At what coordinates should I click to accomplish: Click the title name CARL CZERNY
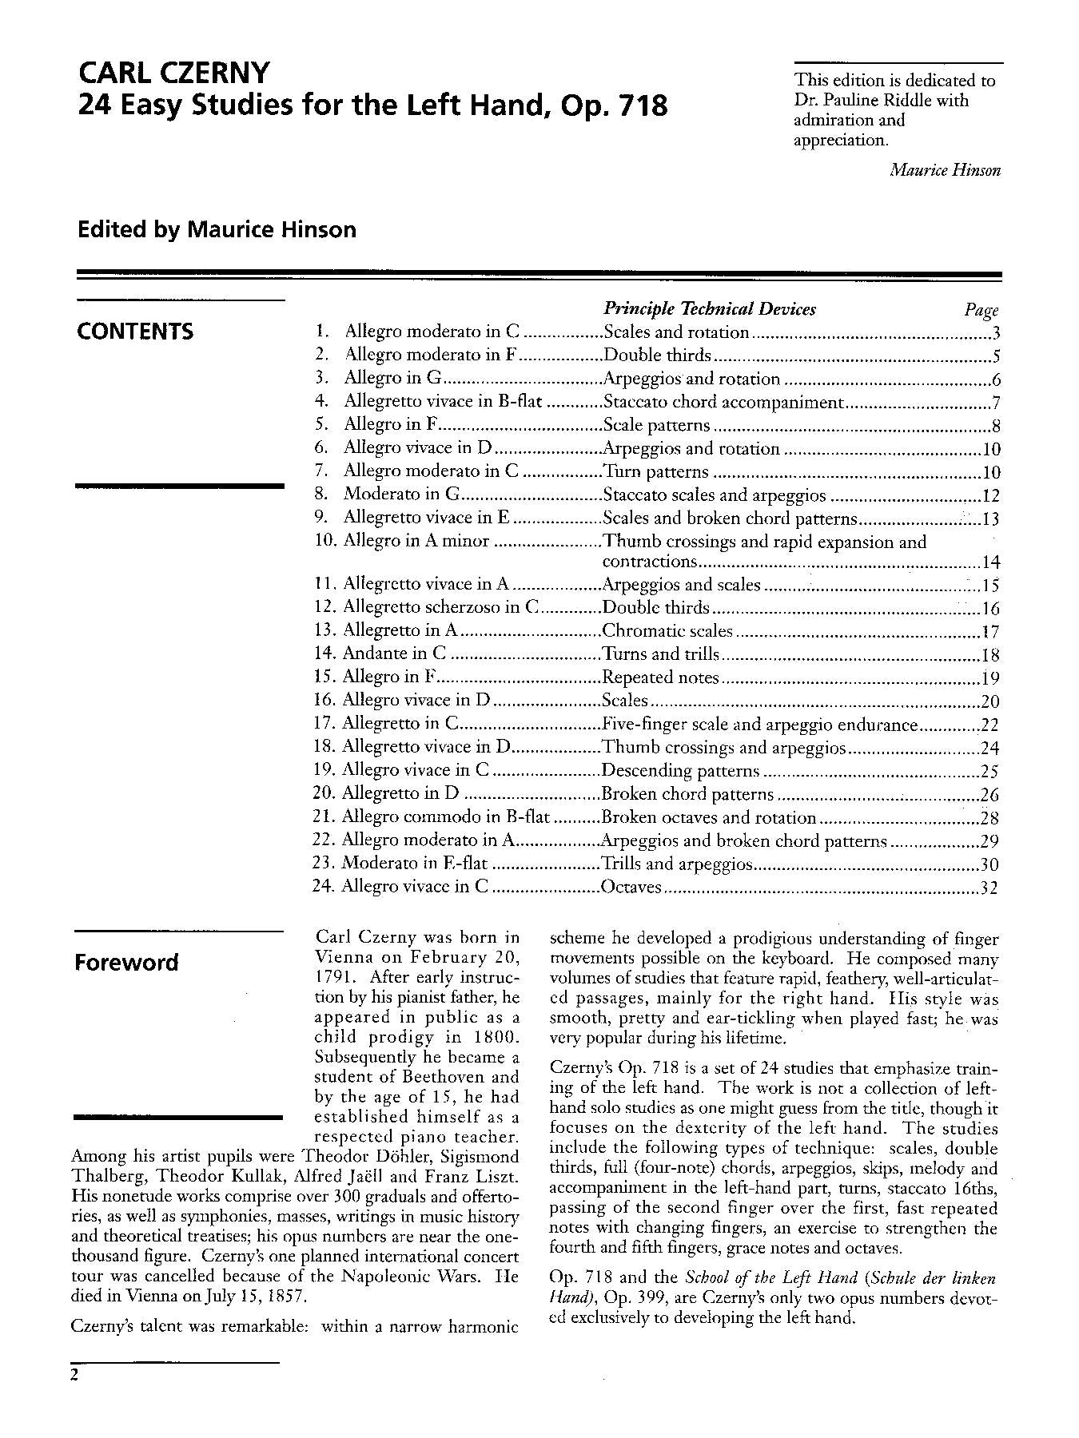click(174, 73)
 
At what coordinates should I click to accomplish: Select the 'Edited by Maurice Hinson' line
click(217, 230)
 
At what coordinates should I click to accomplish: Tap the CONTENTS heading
click(135, 332)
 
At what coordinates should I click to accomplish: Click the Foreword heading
click(126, 962)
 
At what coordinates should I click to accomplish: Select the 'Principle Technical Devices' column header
click(709, 309)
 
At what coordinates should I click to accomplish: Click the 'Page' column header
click(981, 311)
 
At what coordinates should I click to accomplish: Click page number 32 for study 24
click(989, 888)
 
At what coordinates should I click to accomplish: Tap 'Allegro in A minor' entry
click(416, 541)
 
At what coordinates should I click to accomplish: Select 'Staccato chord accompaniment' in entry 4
click(723, 402)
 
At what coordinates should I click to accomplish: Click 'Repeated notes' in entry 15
click(660, 677)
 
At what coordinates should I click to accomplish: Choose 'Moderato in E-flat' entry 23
click(414, 864)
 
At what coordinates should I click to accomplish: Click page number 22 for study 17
click(989, 725)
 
